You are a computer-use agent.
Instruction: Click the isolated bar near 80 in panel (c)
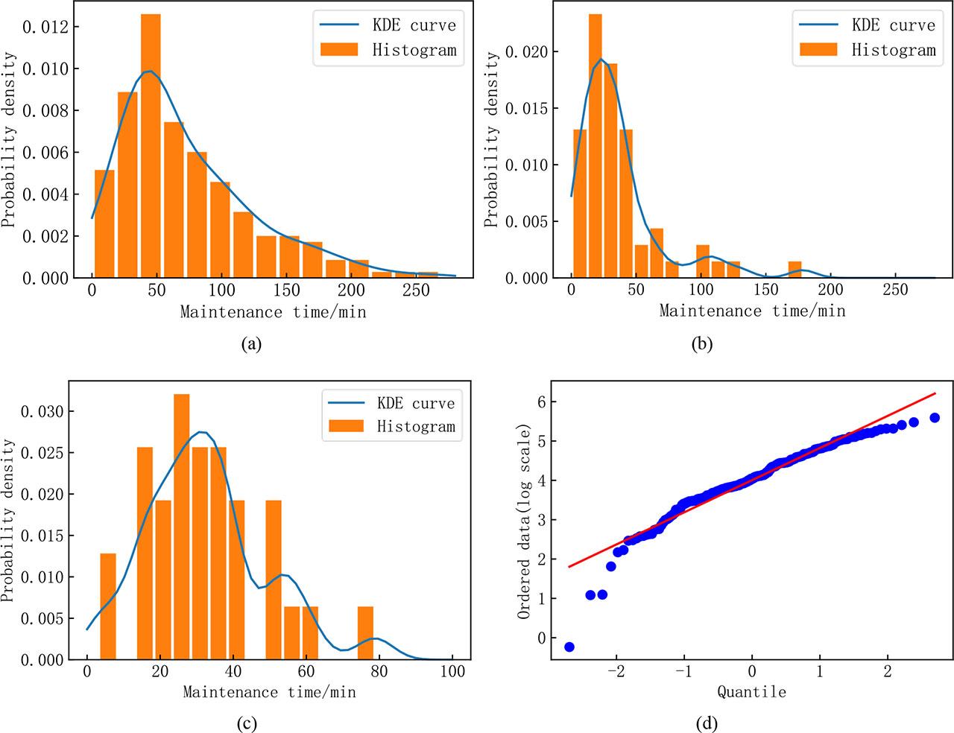click(365, 633)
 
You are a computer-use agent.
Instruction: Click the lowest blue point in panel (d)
click(569, 647)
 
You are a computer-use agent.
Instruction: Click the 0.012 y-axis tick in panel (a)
click(45, 28)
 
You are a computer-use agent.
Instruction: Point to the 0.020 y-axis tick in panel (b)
click(528, 52)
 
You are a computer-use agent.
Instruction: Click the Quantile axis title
click(751, 692)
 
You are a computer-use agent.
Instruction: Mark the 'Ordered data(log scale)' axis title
click(524, 521)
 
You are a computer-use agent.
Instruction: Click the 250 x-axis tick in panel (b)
click(895, 290)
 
